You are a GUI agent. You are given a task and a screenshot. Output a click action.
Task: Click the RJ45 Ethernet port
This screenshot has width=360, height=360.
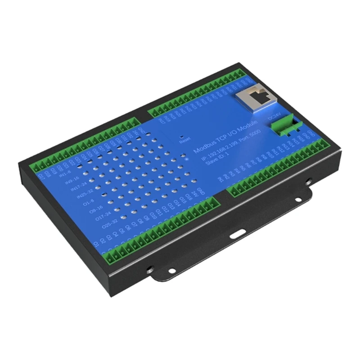point(252,97)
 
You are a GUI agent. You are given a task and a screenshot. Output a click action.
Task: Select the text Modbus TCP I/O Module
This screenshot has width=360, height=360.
point(225,135)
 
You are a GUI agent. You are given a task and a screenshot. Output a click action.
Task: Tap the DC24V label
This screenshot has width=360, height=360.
point(274,117)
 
